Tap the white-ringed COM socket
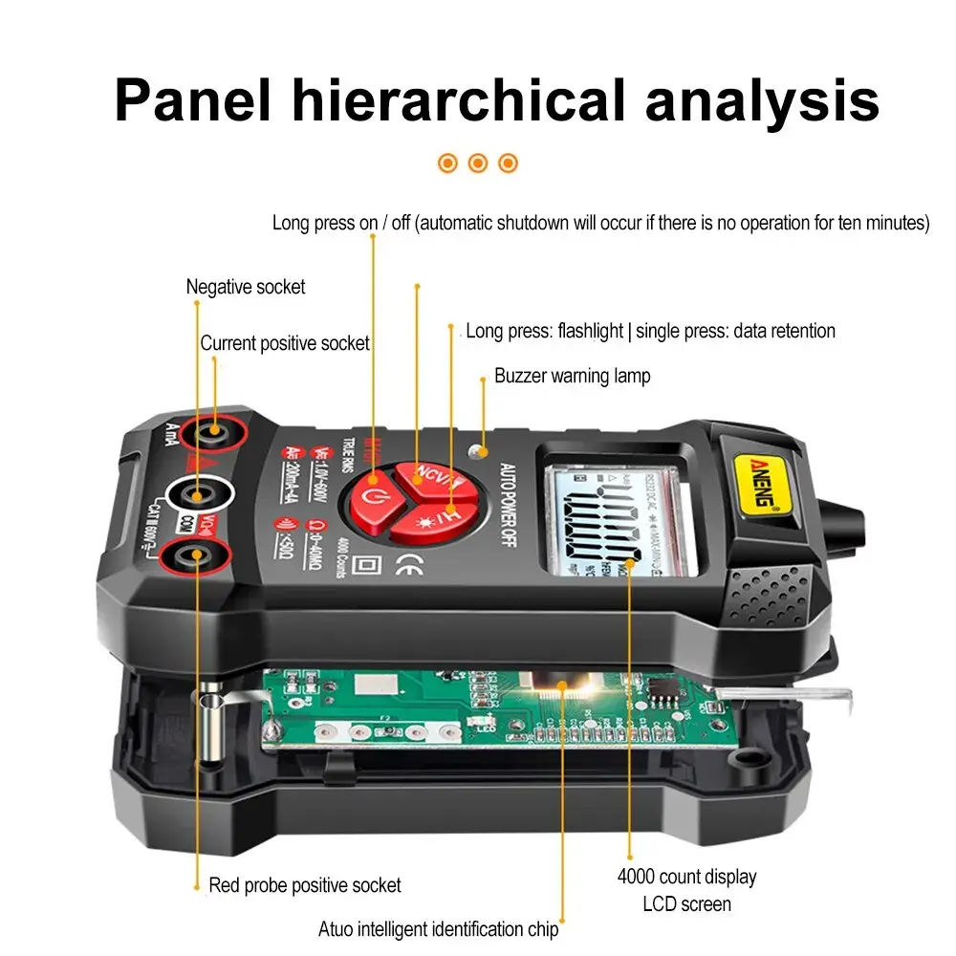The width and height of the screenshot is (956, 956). pyautogui.click(x=199, y=495)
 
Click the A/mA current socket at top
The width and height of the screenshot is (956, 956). pyautogui.click(x=212, y=433)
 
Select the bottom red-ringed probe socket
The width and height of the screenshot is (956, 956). pyautogui.click(x=196, y=554)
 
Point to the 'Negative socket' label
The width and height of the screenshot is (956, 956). pyautogui.click(x=246, y=287)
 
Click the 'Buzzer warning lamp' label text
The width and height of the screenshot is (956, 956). pyautogui.click(x=572, y=376)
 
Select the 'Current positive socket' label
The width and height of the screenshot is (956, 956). pyautogui.click(x=285, y=343)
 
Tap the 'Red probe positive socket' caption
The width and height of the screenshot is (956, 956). pyautogui.click(x=305, y=885)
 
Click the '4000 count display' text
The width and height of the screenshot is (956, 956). pyautogui.click(x=686, y=877)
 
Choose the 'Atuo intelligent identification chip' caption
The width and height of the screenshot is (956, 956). pyautogui.click(x=438, y=928)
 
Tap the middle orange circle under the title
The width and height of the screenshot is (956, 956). pyautogui.click(x=478, y=163)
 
